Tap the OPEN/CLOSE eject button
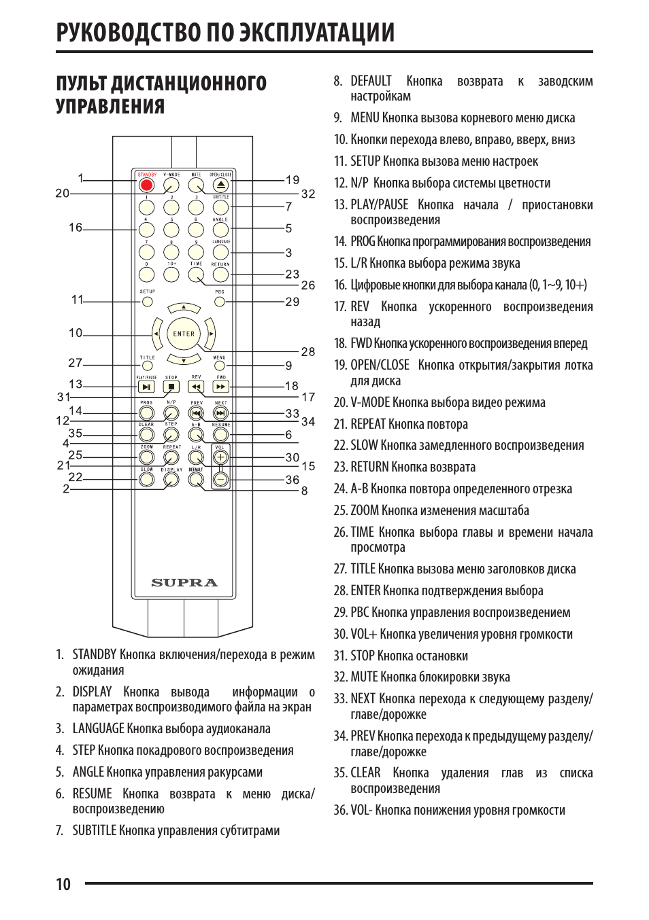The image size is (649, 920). [220, 184]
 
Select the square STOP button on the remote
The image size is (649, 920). [171, 387]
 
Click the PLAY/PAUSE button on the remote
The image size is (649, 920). [146, 387]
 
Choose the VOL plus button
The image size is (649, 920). [220, 457]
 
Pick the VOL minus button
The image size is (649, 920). [220, 479]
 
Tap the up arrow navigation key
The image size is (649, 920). [184, 309]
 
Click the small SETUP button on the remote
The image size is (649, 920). [147, 301]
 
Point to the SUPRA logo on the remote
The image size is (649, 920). [184, 582]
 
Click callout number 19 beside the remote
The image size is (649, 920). [293, 180]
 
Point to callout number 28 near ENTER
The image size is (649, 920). [308, 351]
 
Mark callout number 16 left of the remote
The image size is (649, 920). [76, 228]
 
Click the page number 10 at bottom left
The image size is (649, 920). [63, 884]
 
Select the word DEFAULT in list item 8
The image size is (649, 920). [371, 82]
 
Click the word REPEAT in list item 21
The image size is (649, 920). [368, 424]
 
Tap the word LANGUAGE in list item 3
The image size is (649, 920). [99, 728]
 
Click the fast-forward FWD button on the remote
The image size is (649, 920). [220, 387]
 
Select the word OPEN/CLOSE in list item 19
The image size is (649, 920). [380, 365]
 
